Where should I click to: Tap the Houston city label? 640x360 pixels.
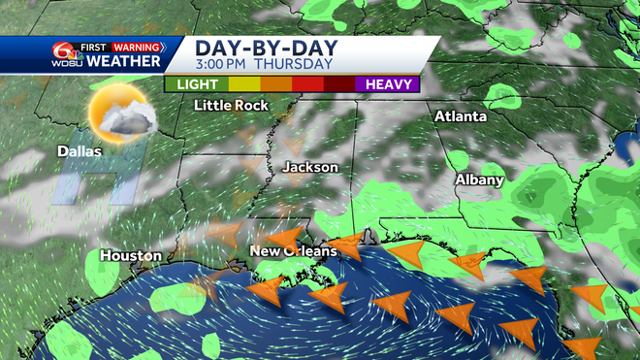pyautogui.click(x=130, y=256)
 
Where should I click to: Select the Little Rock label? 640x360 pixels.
pyautogui.click(x=232, y=105)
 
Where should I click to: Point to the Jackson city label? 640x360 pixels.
pyautogui.click(x=310, y=168)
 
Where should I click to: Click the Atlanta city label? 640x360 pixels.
pyautogui.click(x=460, y=116)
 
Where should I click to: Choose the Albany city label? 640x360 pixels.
pyautogui.click(x=480, y=180)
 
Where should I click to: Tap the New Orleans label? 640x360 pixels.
pyautogui.click(x=293, y=251)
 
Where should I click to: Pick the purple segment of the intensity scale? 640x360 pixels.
pyautogui.click(x=388, y=83)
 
